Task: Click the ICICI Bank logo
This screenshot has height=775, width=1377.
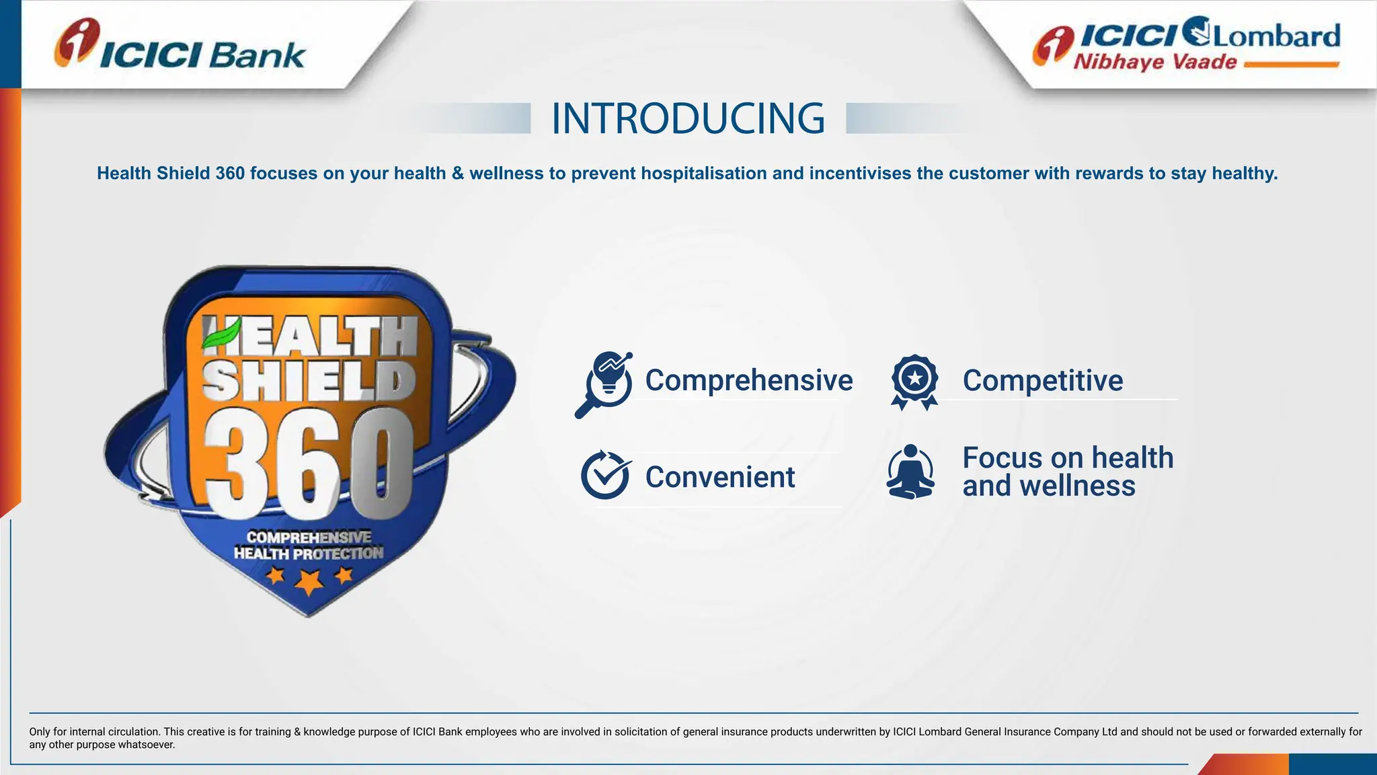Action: (180, 45)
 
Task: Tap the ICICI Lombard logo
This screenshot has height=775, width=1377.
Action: (1186, 43)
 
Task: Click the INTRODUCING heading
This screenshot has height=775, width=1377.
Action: (688, 119)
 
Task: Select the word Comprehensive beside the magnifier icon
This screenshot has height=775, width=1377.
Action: (749, 381)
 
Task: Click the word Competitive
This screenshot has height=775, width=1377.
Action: (1042, 381)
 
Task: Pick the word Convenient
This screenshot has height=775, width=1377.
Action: (720, 478)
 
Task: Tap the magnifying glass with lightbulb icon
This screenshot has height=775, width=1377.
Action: (604, 383)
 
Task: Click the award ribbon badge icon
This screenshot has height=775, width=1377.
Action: (914, 381)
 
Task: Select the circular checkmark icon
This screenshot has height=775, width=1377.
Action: (605, 475)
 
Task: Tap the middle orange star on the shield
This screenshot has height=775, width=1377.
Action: (309, 581)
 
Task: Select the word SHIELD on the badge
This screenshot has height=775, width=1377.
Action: (309, 381)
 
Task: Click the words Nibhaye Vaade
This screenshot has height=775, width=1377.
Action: (1154, 63)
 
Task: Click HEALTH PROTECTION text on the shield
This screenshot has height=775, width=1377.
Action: (309, 554)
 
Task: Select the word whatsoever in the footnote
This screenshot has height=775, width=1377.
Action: (146, 745)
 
